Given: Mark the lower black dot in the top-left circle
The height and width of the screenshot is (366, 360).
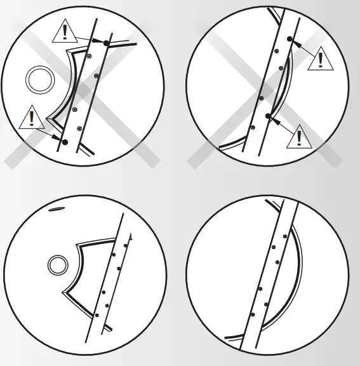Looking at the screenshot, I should point(64,140).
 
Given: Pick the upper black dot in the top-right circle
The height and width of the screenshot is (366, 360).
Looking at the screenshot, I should point(290,39).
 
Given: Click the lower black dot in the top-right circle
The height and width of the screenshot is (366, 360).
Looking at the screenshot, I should point(269,116).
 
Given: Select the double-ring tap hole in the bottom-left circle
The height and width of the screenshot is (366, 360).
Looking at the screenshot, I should point(58,264).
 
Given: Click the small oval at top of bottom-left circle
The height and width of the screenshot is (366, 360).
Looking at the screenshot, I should point(57,208).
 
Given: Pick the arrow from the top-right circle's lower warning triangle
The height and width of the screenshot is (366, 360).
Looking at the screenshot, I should point(283,125).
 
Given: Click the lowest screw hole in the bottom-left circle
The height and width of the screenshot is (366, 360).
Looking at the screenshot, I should point(97,315).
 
